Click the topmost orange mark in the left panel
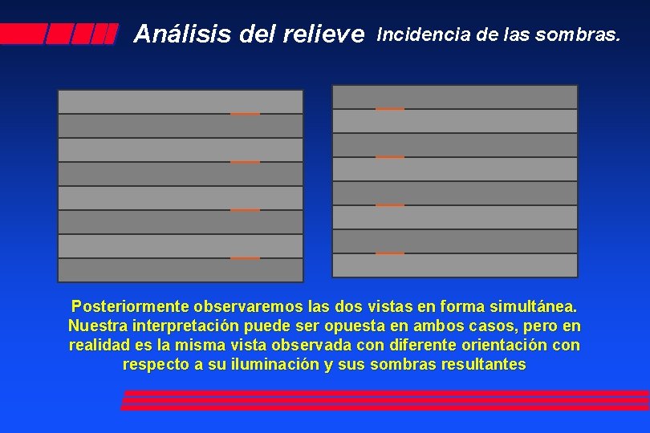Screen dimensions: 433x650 tap(245, 114)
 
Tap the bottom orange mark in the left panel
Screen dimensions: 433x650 tap(245, 258)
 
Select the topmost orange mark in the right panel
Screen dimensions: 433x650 tap(390, 109)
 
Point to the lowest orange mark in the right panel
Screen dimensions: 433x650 tap(390, 253)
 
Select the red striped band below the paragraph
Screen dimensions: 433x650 tap(385, 400)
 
